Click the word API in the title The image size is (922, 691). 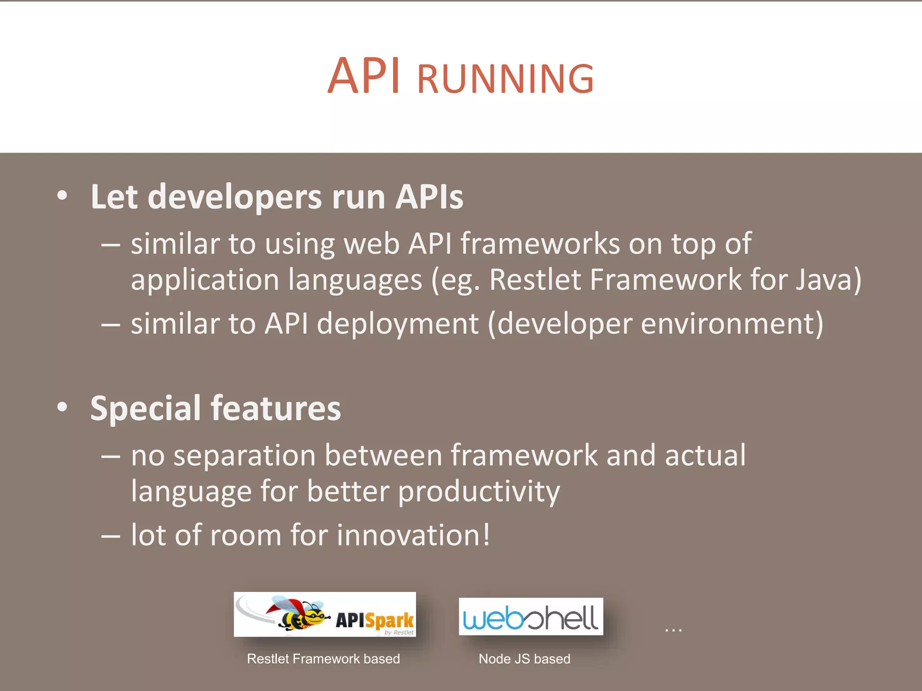click(364, 76)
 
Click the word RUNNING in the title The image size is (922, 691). click(505, 80)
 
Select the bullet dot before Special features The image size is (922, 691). click(63, 407)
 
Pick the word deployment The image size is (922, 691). click(398, 324)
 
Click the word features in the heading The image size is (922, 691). click(276, 408)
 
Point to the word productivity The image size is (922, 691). click(479, 491)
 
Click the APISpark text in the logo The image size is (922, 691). click(375, 620)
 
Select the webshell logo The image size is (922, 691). click(530, 617)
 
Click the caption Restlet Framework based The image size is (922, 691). click(323, 659)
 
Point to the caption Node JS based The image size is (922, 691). click(524, 659)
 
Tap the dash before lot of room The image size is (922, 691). click(110, 536)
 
